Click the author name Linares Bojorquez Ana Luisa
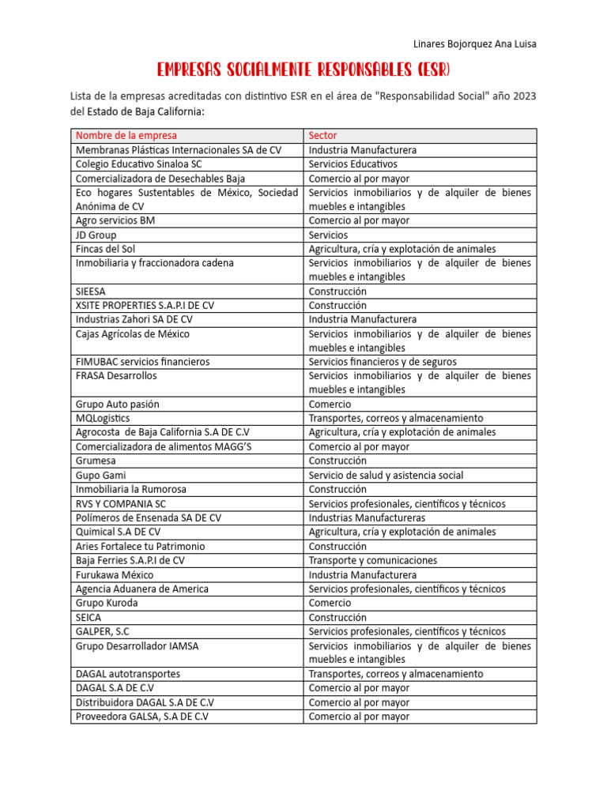tap(475, 44)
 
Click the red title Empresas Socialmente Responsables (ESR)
tap(303, 70)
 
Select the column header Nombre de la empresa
tap(126, 136)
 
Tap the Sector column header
tap(322, 136)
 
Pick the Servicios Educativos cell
tap(353, 164)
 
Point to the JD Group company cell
tap(96, 235)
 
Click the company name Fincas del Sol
tap(105, 249)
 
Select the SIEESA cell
tap(91, 292)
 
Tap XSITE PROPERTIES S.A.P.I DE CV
tap(145, 305)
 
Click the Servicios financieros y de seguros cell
tap(383, 362)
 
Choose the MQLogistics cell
tap(103, 418)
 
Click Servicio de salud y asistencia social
tap(386, 476)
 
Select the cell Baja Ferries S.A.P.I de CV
tap(130, 560)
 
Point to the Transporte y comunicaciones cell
tap(373, 560)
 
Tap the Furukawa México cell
tap(115, 575)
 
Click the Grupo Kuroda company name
tap(107, 603)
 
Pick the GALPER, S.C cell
tap(104, 631)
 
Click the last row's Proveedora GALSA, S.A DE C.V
tap(142, 717)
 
